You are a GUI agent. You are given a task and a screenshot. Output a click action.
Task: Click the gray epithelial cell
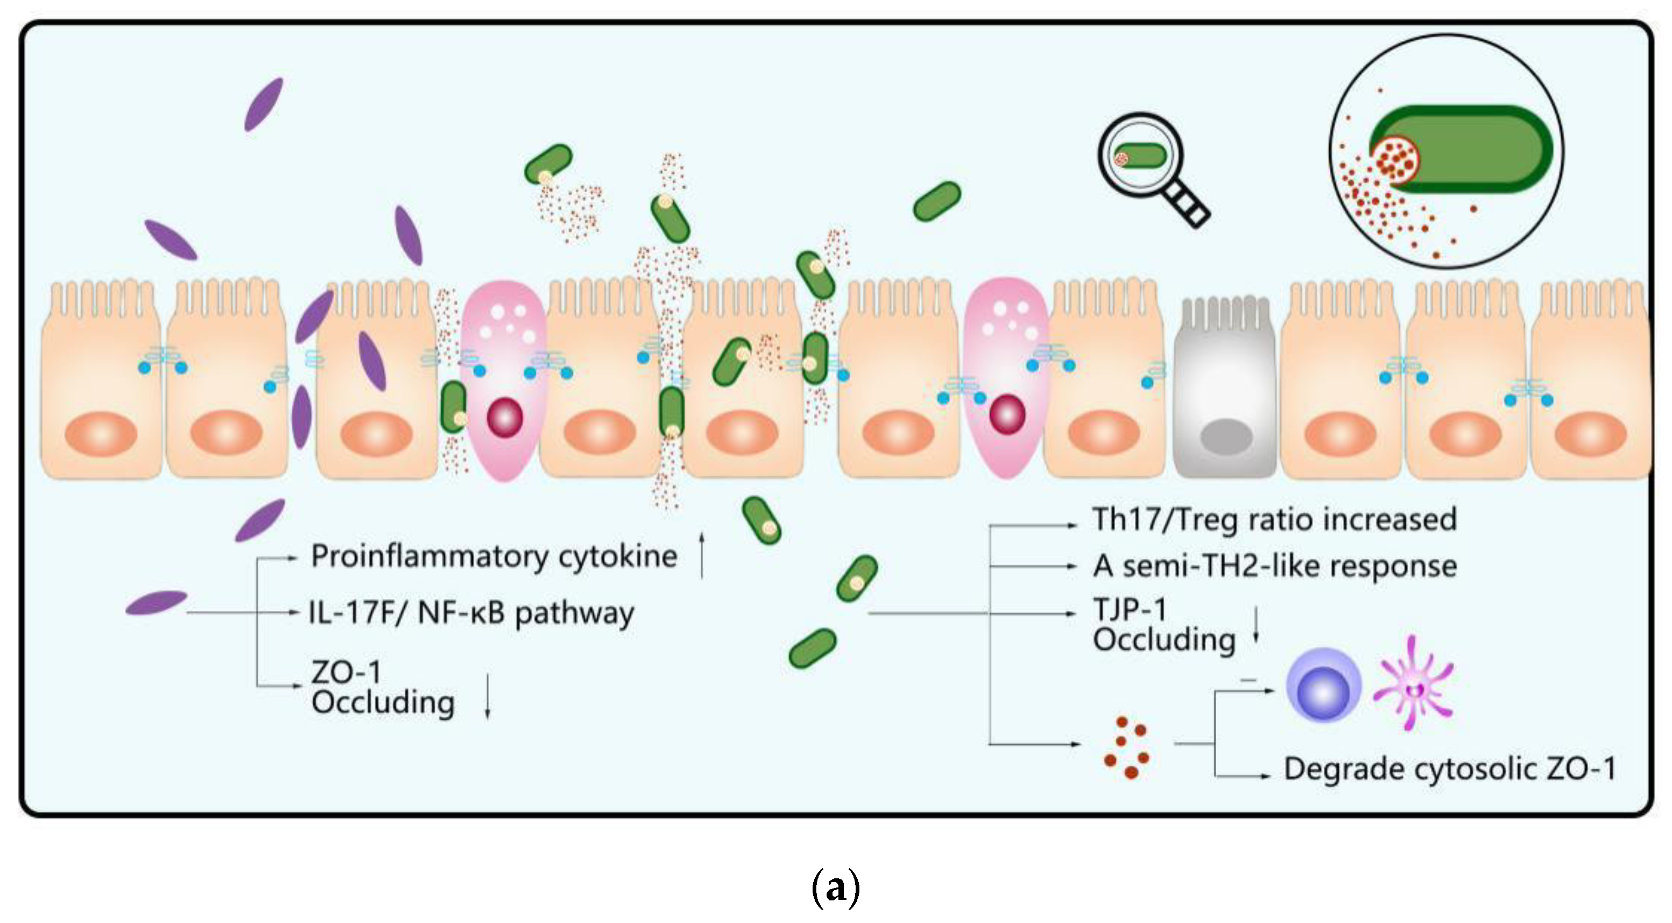pyautogui.click(x=1224, y=390)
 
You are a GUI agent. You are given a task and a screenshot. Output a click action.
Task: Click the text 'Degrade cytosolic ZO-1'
pyautogui.click(x=1449, y=769)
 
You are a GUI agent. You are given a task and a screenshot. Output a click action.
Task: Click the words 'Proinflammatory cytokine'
pyautogui.click(x=494, y=556)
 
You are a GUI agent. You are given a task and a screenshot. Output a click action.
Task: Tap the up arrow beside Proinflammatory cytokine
pyautogui.click(x=702, y=555)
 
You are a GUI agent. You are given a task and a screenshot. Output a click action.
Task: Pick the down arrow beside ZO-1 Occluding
pyautogui.click(x=488, y=696)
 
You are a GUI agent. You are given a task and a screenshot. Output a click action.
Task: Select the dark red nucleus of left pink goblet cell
pyautogui.click(x=504, y=417)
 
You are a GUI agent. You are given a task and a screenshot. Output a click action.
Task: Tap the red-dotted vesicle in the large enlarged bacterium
pyautogui.click(x=1395, y=159)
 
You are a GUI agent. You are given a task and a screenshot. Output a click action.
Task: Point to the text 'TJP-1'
pyautogui.click(x=1130, y=609)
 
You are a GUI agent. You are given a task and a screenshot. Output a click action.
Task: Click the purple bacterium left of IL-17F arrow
pyautogui.click(x=156, y=602)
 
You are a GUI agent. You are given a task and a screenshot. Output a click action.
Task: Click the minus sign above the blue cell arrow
pyautogui.click(x=1247, y=680)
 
